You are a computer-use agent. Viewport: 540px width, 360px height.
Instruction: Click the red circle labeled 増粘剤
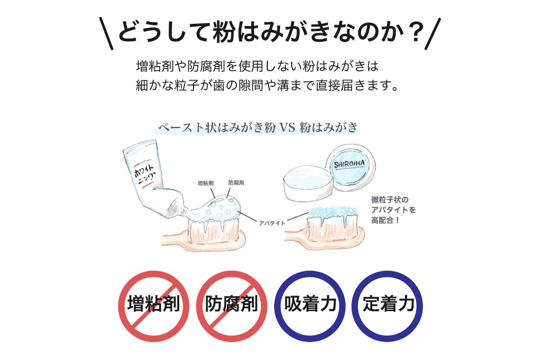coord(153,306)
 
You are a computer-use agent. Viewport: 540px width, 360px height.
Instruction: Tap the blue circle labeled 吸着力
coord(310,306)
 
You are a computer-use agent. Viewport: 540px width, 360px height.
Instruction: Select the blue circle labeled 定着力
coord(387,306)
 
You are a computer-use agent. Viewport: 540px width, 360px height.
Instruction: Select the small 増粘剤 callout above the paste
coord(206,183)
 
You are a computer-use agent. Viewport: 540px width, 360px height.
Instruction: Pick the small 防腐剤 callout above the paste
coord(236,183)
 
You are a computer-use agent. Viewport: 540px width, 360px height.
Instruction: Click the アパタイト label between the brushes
coord(272,222)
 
